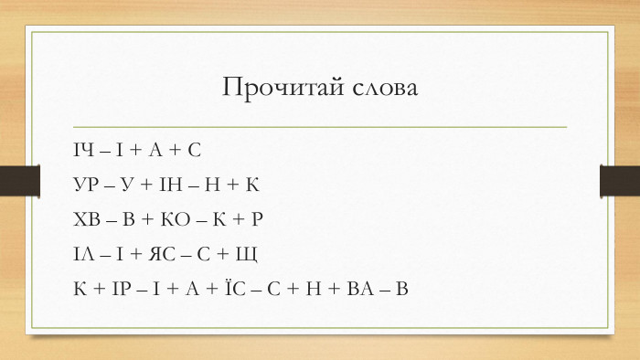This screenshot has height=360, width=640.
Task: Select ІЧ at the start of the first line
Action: pos(84,149)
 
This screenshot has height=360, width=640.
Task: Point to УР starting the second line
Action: pos(86,185)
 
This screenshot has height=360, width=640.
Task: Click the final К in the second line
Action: pos(254,185)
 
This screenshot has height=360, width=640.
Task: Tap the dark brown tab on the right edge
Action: pos(619,180)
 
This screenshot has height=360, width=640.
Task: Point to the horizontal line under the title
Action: pos(320,126)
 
